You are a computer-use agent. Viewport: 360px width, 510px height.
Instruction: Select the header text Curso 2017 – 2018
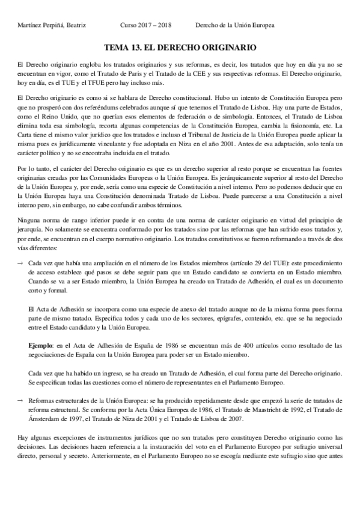pyautogui.click(x=146, y=26)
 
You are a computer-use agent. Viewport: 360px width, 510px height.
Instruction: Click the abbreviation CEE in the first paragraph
pyautogui.click(x=174, y=73)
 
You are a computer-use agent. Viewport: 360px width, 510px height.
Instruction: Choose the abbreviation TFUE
pyautogui.click(x=82, y=82)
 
